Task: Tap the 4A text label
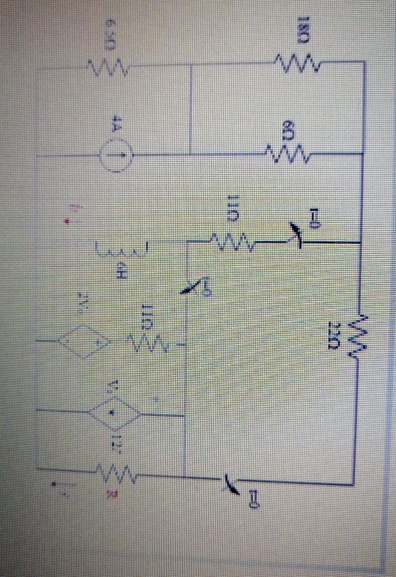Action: click(x=116, y=129)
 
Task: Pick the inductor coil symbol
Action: click(x=121, y=249)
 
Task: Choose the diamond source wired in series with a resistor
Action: click(x=85, y=341)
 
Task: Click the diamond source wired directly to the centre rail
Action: click(x=113, y=413)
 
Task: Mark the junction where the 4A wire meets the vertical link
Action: click(x=191, y=154)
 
